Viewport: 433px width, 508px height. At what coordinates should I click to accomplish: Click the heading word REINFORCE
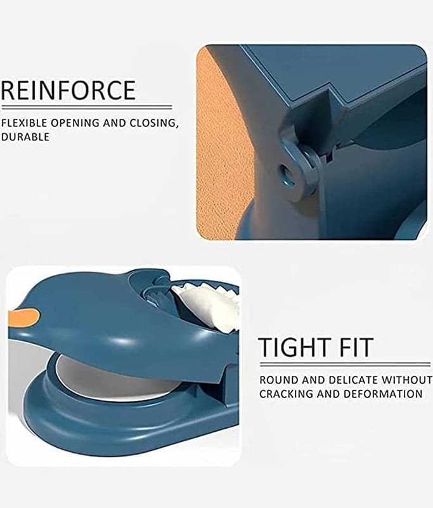pyautogui.click(x=68, y=90)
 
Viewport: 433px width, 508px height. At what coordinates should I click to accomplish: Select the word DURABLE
pyautogui.click(x=25, y=137)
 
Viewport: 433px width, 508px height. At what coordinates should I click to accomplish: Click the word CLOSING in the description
pyautogui.click(x=154, y=123)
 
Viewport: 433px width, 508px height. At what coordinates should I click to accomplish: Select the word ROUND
pyautogui.click(x=278, y=380)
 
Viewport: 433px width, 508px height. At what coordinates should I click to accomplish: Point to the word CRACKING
pyautogui.click(x=286, y=394)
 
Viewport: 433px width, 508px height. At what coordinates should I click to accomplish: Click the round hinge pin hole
pyautogui.click(x=285, y=170)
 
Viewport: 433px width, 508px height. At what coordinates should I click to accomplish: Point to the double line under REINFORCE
pyautogui.click(x=86, y=107)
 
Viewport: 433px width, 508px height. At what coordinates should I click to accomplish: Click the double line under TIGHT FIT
pyautogui.click(x=345, y=364)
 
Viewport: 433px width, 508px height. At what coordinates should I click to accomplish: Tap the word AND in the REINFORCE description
pyautogui.click(x=115, y=123)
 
